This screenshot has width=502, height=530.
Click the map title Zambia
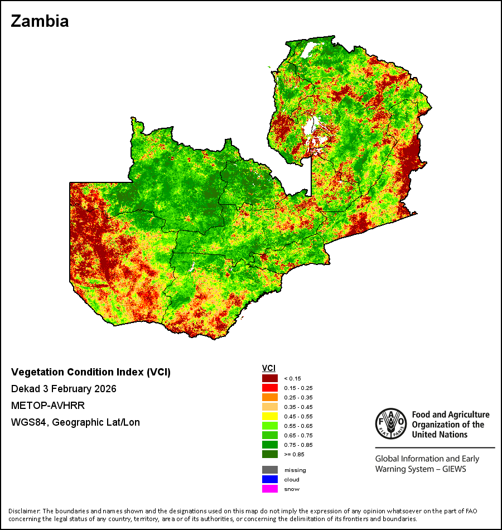pyautogui.click(x=40, y=21)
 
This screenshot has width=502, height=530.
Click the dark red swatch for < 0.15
pyautogui.click(x=270, y=378)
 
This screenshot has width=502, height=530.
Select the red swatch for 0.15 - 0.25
pyautogui.click(x=270, y=388)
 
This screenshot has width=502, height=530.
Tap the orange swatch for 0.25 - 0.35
pyautogui.click(x=270, y=397)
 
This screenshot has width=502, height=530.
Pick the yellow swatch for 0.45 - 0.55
pyautogui.click(x=270, y=416)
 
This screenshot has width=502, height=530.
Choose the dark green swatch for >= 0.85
pyautogui.click(x=270, y=454)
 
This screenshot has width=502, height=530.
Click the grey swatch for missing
pyautogui.click(x=270, y=470)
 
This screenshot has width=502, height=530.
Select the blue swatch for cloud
pyautogui.click(x=270, y=479)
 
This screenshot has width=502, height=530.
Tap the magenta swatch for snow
pyautogui.click(x=270, y=489)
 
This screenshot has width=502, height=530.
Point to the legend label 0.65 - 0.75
pyautogui.click(x=298, y=435)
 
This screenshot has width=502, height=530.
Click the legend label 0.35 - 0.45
pyautogui.click(x=298, y=407)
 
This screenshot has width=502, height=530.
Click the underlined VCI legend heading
pyautogui.click(x=269, y=368)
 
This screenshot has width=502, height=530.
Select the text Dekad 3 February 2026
pyautogui.click(x=64, y=389)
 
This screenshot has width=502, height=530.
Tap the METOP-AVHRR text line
pyautogui.click(x=48, y=405)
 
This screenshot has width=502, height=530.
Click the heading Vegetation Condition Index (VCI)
pyautogui.click(x=91, y=372)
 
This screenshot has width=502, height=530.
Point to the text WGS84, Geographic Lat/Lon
pyautogui.click(x=75, y=422)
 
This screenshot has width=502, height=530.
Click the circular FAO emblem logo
pyautogui.click(x=391, y=424)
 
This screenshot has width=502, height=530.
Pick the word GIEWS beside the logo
pyautogui.click(x=454, y=469)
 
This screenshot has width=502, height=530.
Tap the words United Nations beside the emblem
pyautogui.click(x=440, y=435)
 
